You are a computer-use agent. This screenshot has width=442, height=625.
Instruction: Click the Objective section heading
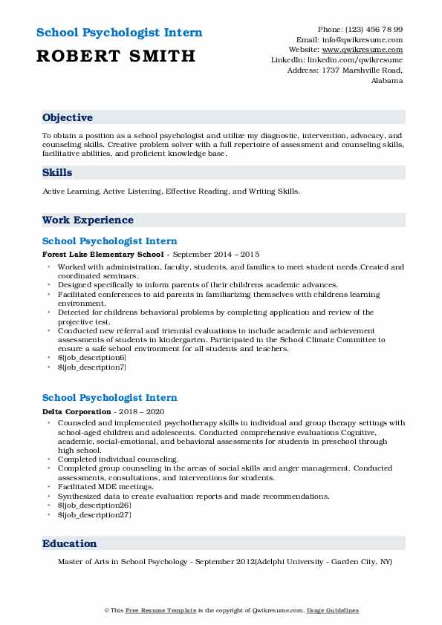click(x=68, y=118)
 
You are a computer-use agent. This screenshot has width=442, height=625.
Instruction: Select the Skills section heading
click(x=57, y=173)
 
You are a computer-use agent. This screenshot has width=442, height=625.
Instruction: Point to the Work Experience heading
click(x=88, y=220)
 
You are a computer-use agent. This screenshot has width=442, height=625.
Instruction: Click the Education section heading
click(x=69, y=544)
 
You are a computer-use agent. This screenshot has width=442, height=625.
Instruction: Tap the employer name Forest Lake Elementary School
click(x=103, y=254)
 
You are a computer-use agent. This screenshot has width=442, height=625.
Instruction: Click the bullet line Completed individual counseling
click(x=118, y=459)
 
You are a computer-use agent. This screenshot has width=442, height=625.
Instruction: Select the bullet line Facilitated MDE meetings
click(x=106, y=486)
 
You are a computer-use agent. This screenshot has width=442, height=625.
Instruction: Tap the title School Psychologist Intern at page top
click(x=119, y=33)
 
